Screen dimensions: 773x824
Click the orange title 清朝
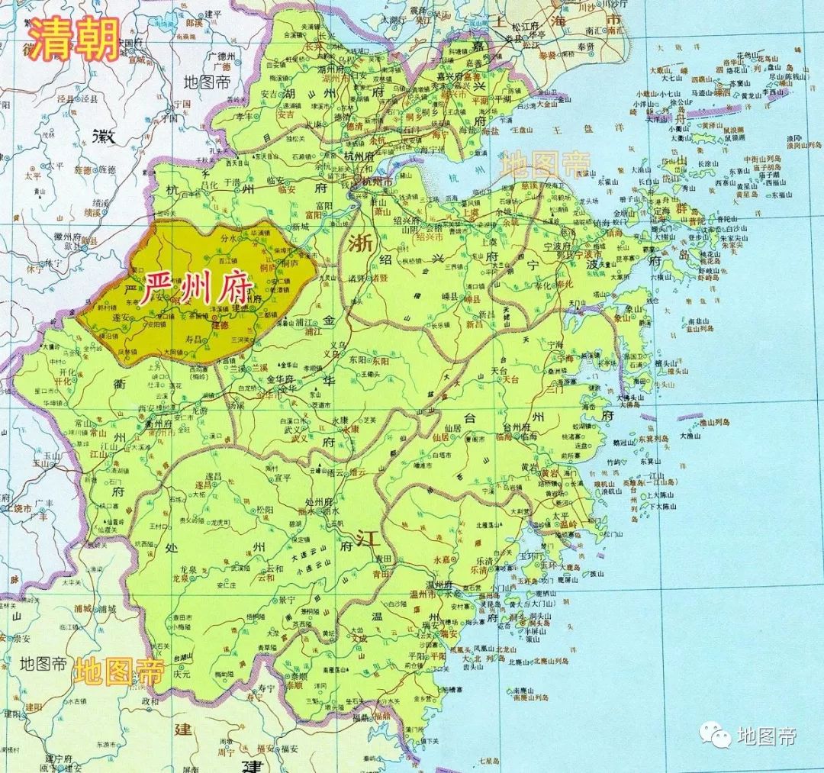(x=74, y=39)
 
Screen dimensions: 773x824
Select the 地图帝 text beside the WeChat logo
(x=766, y=736)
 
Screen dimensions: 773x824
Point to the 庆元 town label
(x=181, y=675)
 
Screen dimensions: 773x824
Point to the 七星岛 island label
(x=489, y=761)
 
